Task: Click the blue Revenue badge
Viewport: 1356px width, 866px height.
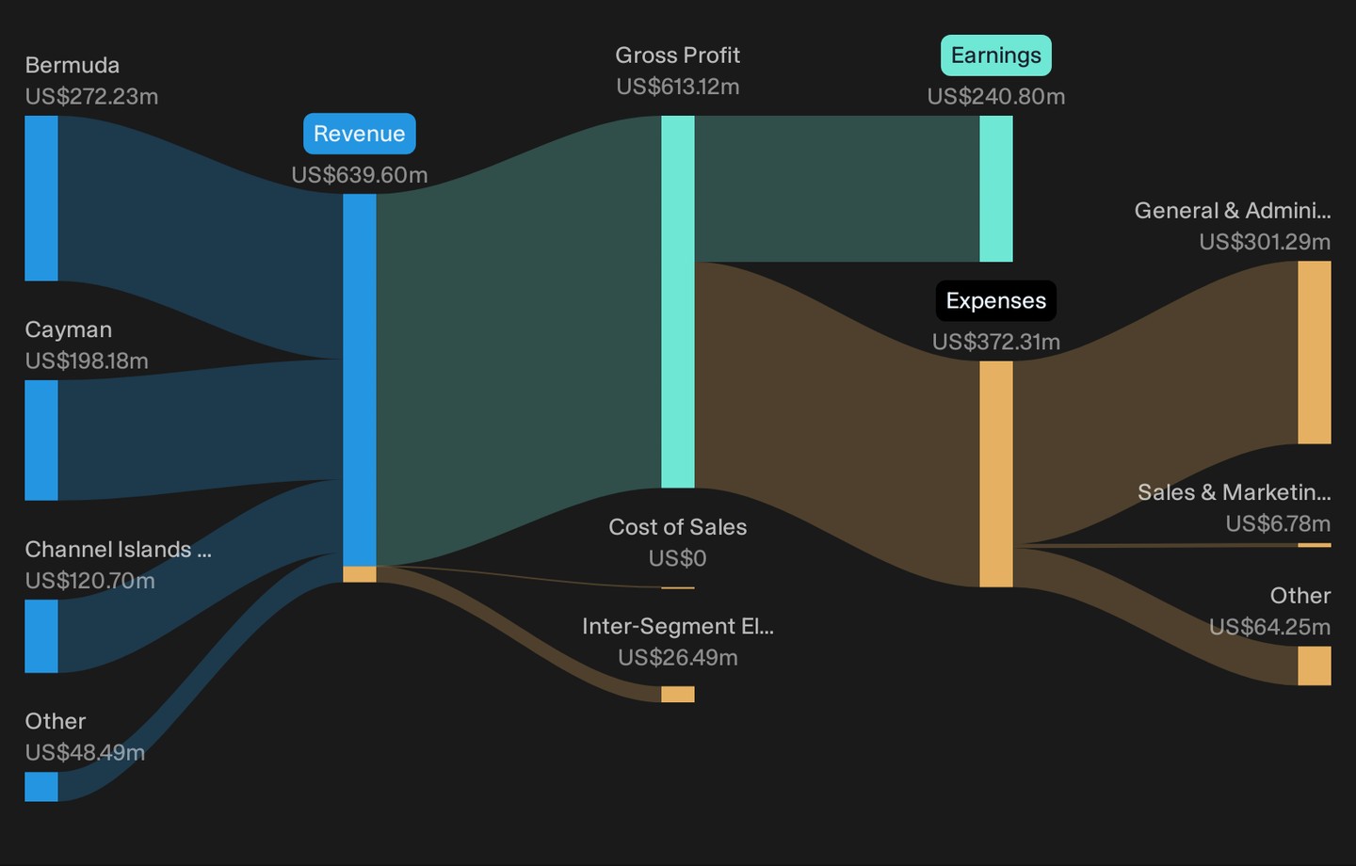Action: tap(360, 134)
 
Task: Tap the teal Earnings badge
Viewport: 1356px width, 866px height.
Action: tap(996, 56)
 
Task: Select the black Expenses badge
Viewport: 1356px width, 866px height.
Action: tap(996, 301)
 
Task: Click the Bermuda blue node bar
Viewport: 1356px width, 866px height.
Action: tap(41, 199)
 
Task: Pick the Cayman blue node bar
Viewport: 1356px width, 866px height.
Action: tap(41, 440)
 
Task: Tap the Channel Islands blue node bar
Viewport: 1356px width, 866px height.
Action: tap(41, 636)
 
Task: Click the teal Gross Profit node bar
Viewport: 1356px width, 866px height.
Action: tap(678, 302)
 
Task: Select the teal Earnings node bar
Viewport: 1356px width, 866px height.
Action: tap(996, 189)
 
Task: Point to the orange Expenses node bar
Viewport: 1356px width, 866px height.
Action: tap(996, 473)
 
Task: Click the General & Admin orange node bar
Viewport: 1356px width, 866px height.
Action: tap(1315, 352)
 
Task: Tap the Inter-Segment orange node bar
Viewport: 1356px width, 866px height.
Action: tap(678, 694)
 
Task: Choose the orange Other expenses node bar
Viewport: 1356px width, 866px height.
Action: tap(1315, 666)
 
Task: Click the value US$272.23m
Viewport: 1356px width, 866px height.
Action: tap(91, 96)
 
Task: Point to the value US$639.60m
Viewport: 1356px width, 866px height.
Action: tap(360, 175)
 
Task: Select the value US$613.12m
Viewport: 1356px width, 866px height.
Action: tap(678, 87)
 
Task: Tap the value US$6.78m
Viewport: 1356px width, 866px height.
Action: tap(1278, 523)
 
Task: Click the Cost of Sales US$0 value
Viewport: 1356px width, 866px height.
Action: tap(677, 558)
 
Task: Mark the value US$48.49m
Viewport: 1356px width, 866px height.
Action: tap(85, 752)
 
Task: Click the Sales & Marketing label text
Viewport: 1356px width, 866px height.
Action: tap(1234, 492)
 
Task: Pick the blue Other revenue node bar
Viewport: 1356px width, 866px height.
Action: tap(41, 786)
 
